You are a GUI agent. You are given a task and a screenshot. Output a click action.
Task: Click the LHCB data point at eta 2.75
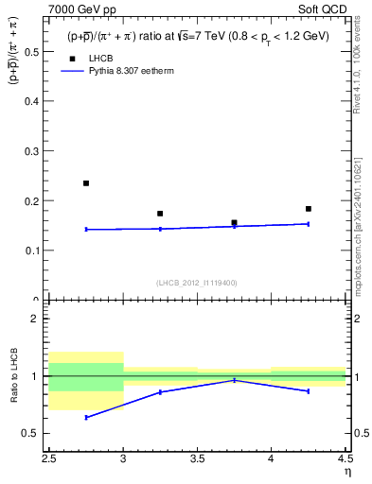click(86, 183)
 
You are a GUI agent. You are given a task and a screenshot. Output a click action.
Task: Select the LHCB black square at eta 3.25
click(160, 214)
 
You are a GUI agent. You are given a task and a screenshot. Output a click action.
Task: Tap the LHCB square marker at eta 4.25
click(309, 209)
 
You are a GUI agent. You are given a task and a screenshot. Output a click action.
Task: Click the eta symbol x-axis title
click(347, 472)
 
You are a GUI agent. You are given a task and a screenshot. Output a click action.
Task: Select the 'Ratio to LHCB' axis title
click(14, 376)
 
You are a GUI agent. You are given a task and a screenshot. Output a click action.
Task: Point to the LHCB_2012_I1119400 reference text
click(197, 283)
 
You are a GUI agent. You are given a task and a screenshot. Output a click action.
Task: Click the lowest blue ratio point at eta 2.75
click(86, 417)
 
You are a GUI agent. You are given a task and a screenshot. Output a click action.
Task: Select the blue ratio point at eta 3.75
click(234, 380)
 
